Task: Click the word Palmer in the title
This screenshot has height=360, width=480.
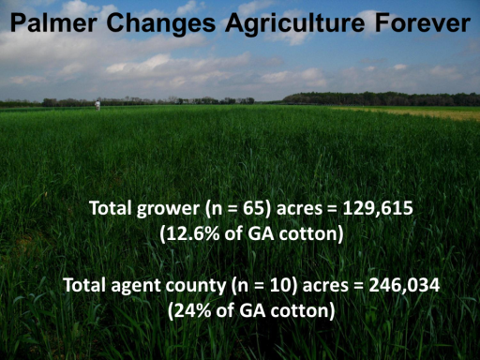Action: (53, 23)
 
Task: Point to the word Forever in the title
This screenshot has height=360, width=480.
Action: (423, 23)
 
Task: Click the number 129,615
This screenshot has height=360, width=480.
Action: (378, 208)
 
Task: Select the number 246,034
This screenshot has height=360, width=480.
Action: (404, 285)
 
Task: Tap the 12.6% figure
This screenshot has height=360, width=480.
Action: (189, 233)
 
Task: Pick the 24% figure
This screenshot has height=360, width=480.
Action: (189, 310)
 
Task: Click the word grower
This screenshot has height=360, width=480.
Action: (168, 209)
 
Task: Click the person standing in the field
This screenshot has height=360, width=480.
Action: (97, 105)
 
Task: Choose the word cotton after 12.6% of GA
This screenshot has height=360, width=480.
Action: (311, 233)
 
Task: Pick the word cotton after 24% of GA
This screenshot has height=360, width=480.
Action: (303, 310)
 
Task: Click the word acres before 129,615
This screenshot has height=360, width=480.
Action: (299, 209)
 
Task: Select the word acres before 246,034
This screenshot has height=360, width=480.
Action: (325, 286)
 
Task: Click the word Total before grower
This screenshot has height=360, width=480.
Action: (111, 208)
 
